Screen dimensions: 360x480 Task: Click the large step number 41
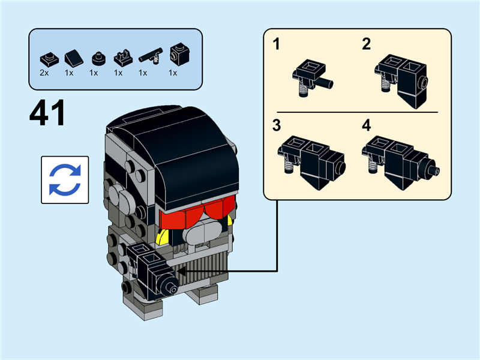pyautogui.click(x=47, y=115)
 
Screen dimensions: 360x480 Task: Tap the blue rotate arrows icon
pyautogui.click(x=64, y=180)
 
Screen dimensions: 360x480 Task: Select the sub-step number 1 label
pyautogui.click(x=277, y=44)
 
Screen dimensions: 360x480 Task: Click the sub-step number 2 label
pyautogui.click(x=366, y=44)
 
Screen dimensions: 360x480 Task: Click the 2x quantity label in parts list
pyautogui.click(x=44, y=73)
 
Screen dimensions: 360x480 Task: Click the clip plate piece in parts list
pyautogui.click(x=121, y=58)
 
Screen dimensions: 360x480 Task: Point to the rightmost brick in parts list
pyautogui.click(x=175, y=55)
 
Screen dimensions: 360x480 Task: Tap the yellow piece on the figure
pyautogui.click(x=161, y=236)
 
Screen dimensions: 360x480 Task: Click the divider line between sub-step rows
pyautogui.click(x=357, y=112)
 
